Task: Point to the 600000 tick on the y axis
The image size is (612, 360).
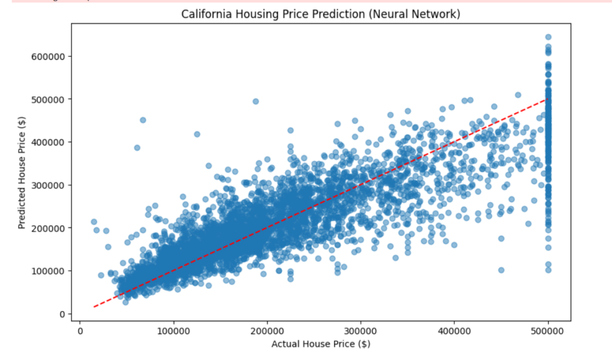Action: [48, 56]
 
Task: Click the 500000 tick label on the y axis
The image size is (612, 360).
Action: [48, 99]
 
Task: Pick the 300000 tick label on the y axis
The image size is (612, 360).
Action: [48, 185]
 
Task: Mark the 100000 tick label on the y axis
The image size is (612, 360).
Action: [48, 271]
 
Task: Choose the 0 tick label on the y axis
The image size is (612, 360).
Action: [61, 314]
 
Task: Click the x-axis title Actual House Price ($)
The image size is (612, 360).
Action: [322, 344]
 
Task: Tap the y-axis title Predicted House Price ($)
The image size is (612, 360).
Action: [22, 174]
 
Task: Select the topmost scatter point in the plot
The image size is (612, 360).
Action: [548, 37]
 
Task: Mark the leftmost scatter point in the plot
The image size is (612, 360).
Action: [94, 222]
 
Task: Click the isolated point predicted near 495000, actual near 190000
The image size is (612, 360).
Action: [256, 101]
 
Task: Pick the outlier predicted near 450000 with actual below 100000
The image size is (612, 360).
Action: [143, 120]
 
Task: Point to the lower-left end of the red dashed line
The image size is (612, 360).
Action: [94, 307]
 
